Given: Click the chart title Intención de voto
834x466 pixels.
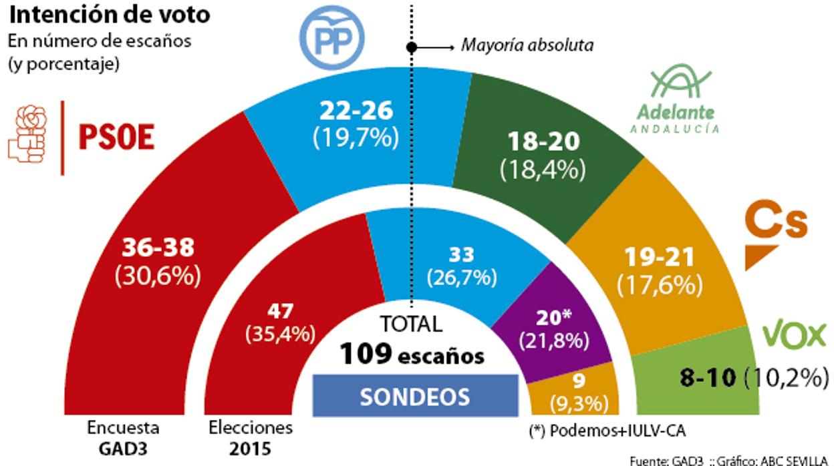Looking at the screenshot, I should coord(108,14).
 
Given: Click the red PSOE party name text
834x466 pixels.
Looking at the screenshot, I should coord(116,138).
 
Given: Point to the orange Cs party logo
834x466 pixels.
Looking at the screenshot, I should coord(776,231).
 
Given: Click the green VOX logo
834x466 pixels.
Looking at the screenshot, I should coord(794,334).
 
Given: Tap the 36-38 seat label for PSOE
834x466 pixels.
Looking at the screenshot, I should coord(158,248).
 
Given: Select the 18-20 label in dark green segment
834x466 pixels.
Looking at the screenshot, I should coord(542,142).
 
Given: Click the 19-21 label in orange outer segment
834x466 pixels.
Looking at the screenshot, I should coord(659,256).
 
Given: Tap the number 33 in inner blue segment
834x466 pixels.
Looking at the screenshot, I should coord(461,254).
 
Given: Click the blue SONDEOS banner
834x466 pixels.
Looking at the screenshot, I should coord(415,397).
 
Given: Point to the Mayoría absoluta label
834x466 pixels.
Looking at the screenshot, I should coord(527,46).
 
